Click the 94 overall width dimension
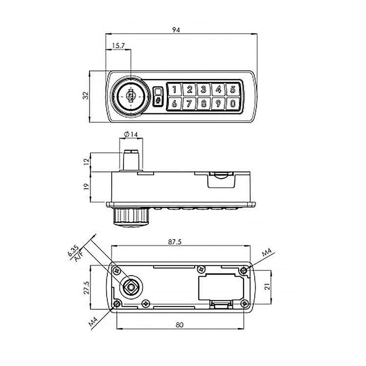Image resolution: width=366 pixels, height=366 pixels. coord(176,29)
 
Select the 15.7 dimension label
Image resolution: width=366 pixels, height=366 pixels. coord(119,46)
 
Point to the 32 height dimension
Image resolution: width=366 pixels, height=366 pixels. coord(86,96)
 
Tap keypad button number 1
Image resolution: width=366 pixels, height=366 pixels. coord(174,89)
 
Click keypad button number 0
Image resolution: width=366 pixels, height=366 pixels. coord(233,103)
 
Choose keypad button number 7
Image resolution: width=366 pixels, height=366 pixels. coord(189,103)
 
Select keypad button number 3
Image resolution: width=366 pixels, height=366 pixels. coord(203,89)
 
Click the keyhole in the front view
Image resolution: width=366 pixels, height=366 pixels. coord(130,96)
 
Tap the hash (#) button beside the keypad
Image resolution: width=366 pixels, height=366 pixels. coord(158,101)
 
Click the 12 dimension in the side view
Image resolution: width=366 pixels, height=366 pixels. coord(85,161)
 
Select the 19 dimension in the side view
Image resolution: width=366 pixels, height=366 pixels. coord(85,186)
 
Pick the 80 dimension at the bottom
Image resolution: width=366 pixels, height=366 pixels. coord(180,324)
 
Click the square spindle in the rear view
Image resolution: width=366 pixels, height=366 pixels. coord(131,287)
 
